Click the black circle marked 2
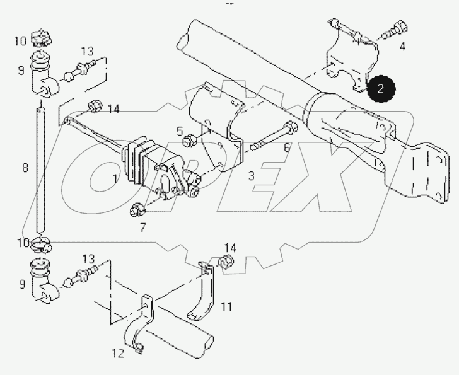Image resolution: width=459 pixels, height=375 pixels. (x=381, y=89)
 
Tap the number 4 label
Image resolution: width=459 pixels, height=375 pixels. (x=402, y=45)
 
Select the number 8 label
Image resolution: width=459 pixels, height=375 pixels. (x=25, y=168)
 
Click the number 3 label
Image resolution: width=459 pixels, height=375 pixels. (x=251, y=176)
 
